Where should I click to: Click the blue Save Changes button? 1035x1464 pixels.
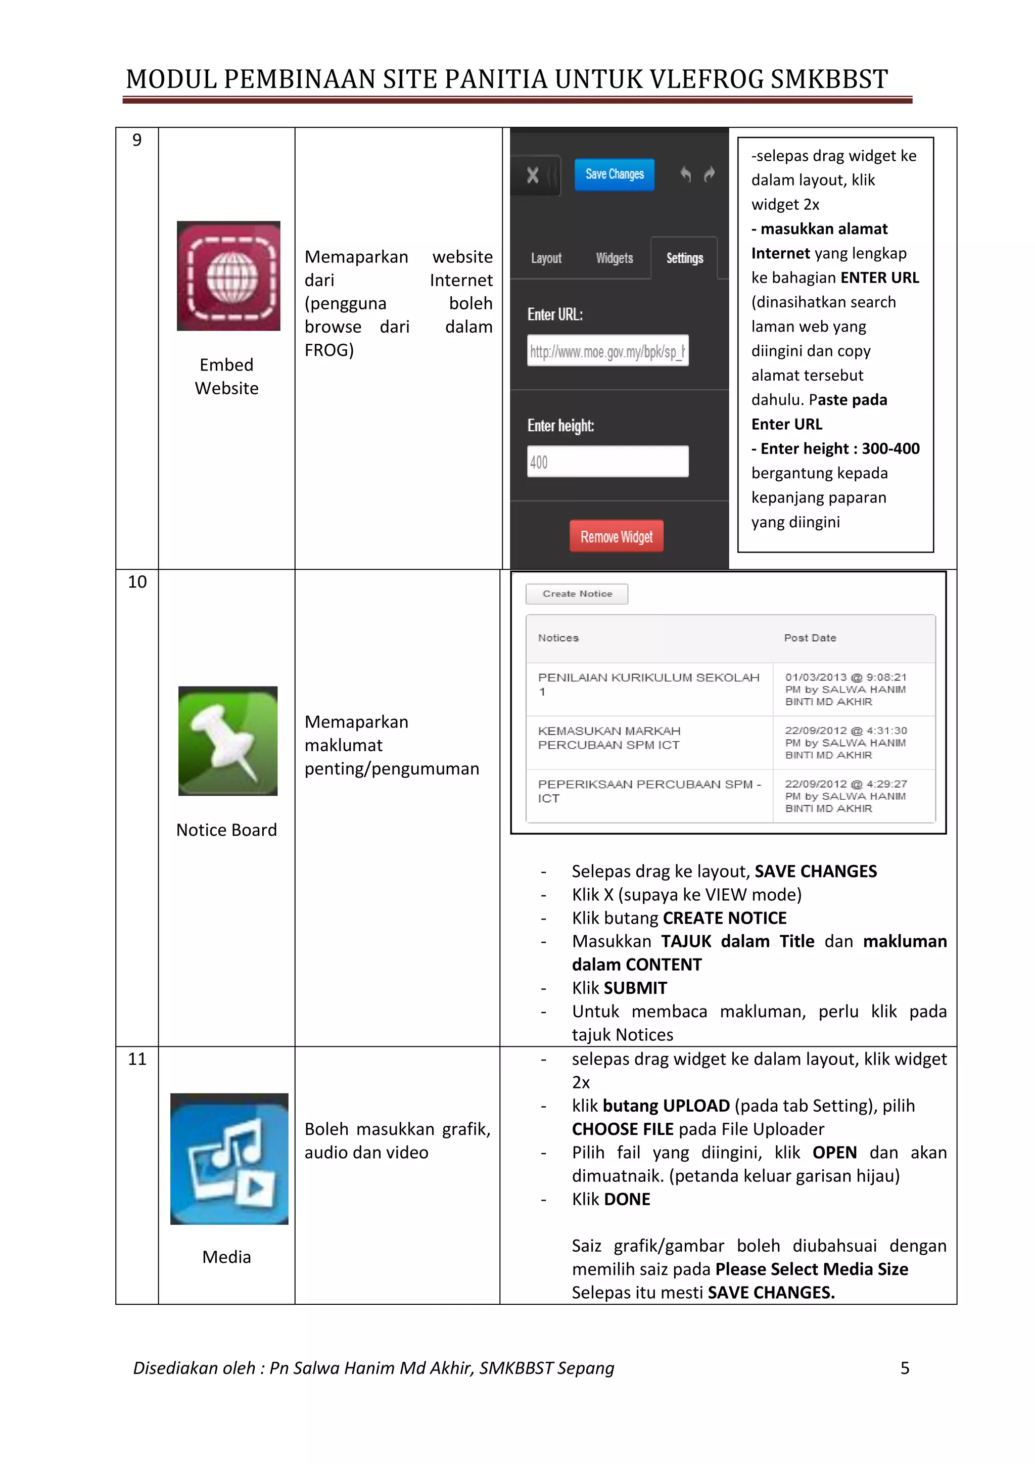615,174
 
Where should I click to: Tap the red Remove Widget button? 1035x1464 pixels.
616,536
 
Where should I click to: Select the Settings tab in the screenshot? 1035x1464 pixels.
684,258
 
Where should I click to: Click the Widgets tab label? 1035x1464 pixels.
615,258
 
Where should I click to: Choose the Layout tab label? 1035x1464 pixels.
546,258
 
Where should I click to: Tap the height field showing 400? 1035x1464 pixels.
607,462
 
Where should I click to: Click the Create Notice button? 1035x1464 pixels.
577,593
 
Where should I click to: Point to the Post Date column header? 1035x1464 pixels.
810,637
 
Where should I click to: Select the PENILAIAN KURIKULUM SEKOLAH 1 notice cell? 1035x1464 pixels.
648,683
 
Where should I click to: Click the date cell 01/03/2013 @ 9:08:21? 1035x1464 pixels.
845,677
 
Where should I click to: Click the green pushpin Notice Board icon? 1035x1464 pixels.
227,741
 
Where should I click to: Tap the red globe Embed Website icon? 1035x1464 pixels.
228,276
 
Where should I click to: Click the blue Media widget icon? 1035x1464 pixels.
229,1159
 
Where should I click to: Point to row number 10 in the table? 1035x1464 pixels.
137,581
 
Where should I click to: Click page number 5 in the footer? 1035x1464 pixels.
904,1368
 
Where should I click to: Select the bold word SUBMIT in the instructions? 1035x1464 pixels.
635,988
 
